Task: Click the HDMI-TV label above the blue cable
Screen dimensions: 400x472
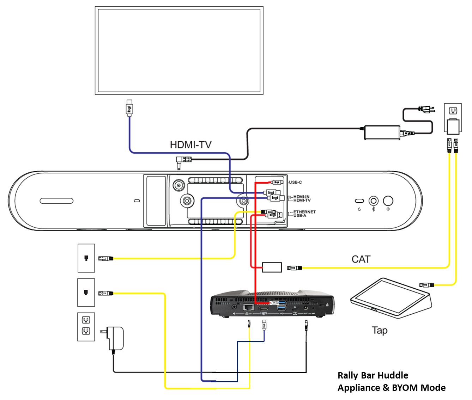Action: click(190, 145)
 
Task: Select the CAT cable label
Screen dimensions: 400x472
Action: click(361, 259)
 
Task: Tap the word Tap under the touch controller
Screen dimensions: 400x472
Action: click(380, 331)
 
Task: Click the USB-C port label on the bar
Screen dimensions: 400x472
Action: click(295, 183)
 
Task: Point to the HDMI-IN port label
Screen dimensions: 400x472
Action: click(302, 197)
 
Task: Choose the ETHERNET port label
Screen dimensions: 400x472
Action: click(304, 212)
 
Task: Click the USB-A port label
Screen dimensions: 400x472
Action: click(300, 216)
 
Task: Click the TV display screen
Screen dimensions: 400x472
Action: click(179, 50)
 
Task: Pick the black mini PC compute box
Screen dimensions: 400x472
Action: click(272, 304)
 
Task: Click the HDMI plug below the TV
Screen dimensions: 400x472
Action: click(129, 108)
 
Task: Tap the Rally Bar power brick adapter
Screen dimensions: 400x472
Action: click(382, 133)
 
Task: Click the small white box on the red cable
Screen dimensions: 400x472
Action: click(272, 267)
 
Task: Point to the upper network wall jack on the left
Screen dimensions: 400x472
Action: click(86, 258)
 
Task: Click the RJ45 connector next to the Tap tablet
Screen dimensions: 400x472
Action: click(426, 285)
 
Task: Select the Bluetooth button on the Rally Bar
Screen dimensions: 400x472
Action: click(373, 201)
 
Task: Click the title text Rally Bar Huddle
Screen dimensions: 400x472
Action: click(373, 375)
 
